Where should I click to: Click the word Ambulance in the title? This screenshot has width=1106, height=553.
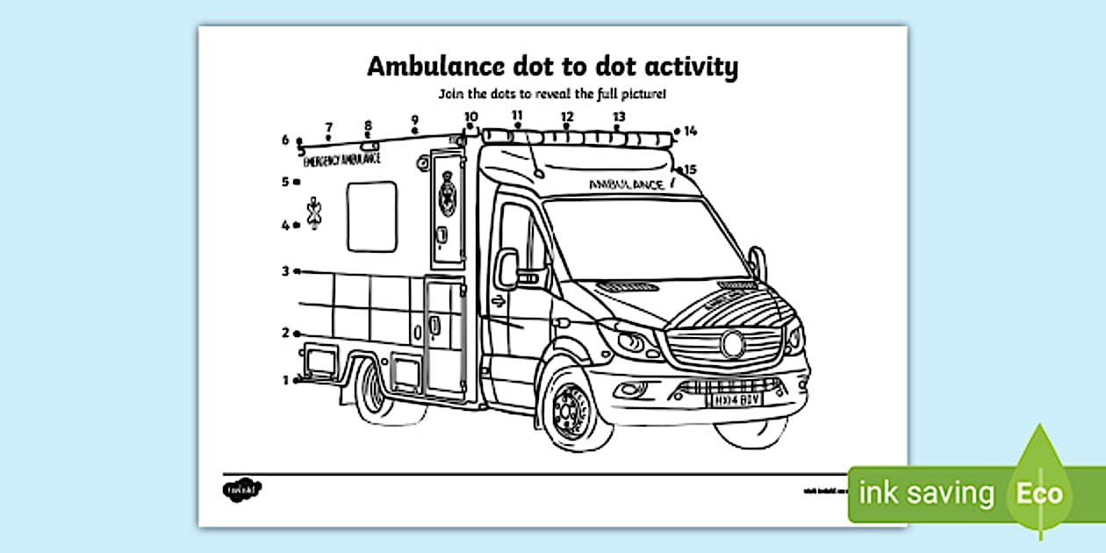click(428, 68)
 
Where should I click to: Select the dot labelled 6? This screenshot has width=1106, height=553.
click(299, 140)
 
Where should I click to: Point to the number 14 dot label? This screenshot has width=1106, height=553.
click(690, 132)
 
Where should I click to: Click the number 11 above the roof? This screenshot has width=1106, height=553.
click(517, 115)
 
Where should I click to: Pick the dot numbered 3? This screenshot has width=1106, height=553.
click(298, 271)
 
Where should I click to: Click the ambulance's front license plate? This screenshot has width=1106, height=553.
click(733, 399)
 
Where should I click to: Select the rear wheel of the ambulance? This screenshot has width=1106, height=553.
click(371, 386)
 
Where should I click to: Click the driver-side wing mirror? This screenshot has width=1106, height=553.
click(506, 268)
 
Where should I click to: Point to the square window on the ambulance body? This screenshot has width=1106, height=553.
click(371, 216)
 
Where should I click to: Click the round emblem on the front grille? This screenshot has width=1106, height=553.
click(733, 344)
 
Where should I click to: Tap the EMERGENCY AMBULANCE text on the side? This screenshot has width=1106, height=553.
click(341, 161)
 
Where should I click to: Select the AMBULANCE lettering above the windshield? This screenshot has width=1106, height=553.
click(626, 184)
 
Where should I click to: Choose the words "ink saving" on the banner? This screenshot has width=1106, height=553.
click(926, 493)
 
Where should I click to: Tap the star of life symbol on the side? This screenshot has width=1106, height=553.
click(314, 213)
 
